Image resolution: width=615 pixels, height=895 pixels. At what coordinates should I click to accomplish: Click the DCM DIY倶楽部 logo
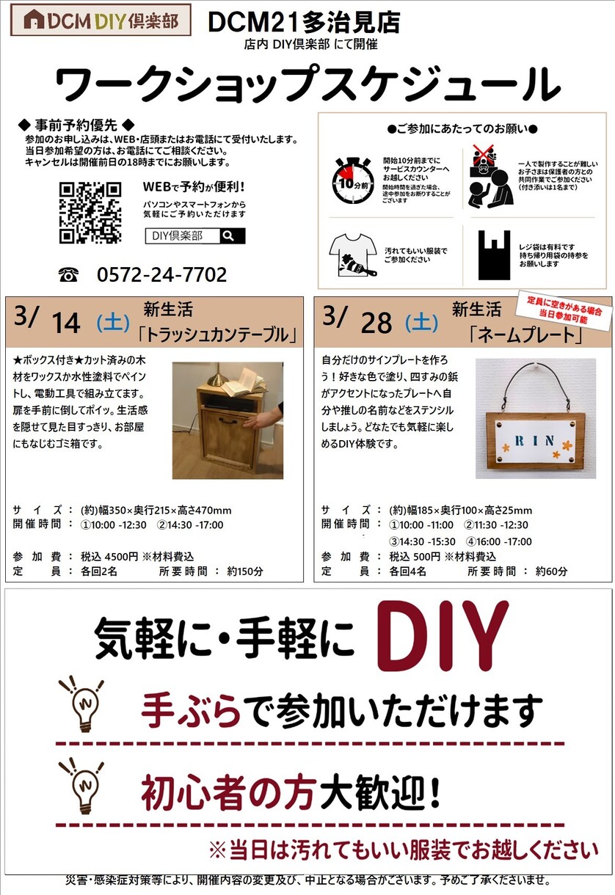(x=101, y=20)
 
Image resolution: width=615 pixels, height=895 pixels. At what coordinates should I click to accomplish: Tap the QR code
(x=90, y=213)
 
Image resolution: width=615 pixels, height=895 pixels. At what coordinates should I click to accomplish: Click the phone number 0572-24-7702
(x=162, y=274)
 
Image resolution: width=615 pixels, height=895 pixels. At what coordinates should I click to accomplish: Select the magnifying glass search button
(x=232, y=235)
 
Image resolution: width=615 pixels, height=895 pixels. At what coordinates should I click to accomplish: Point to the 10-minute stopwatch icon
(x=352, y=180)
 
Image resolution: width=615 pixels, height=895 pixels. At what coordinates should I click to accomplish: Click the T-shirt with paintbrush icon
(x=353, y=255)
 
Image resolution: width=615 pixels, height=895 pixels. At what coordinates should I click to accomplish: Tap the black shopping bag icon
(x=495, y=255)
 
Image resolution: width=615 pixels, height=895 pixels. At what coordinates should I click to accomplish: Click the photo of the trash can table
(x=228, y=420)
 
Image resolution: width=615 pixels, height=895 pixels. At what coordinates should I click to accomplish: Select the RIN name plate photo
(x=536, y=418)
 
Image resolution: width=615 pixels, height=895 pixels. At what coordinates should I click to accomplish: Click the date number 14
(x=66, y=323)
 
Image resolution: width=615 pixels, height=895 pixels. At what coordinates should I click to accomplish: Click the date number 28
(x=376, y=323)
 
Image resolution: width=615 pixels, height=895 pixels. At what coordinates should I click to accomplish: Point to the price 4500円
(x=121, y=557)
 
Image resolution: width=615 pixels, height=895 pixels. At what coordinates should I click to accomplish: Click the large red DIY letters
(x=443, y=636)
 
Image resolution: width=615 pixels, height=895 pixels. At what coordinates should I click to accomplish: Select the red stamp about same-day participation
(x=564, y=310)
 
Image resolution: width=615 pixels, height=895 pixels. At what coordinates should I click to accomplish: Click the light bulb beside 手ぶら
(x=82, y=704)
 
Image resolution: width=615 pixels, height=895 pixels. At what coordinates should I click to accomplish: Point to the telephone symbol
(x=68, y=275)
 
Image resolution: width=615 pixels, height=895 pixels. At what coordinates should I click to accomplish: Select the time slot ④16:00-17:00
(x=499, y=542)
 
